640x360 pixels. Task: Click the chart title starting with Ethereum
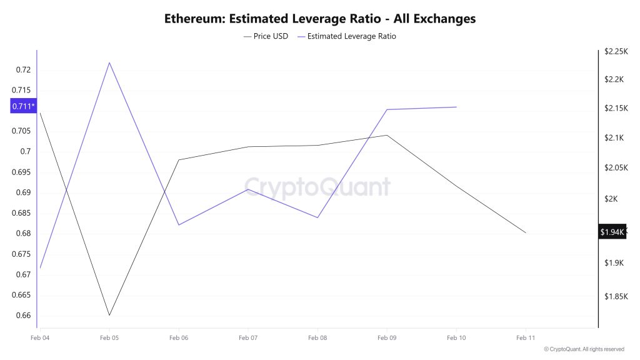pyautogui.click(x=320, y=19)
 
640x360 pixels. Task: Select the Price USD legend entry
pyautogui.click(x=266, y=36)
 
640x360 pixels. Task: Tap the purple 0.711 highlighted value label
pyautogui.click(x=24, y=106)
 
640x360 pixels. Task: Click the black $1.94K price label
pyautogui.click(x=612, y=232)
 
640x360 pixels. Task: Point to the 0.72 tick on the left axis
pyautogui.click(x=22, y=69)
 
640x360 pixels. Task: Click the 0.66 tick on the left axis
pyautogui.click(x=22, y=315)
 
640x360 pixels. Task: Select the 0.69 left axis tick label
pyautogui.click(x=22, y=192)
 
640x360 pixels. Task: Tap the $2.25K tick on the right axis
pyautogui.click(x=615, y=52)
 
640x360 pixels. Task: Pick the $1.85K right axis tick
pyautogui.click(x=615, y=296)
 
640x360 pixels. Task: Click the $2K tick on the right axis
pyautogui.click(x=611, y=199)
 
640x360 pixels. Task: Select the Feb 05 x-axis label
pyautogui.click(x=109, y=338)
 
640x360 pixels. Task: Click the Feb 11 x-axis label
pyautogui.click(x=526, y=338)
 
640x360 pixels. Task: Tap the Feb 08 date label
pyautogui.click(x=317, y=338)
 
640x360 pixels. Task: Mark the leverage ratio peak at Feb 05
pyautogui.click(x=109, y=62)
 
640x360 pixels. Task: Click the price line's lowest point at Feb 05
pyautogui.click(x=109, y=315)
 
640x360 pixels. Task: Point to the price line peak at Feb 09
pyautogui.click(x=387, y=135)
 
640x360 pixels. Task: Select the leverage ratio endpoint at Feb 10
pyautogui.click(x=456, y=107)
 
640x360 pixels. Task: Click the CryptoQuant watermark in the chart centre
pyautogui.click(x=317, y=187)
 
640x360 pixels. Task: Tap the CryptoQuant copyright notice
pyautogui.click(x=584, y=349)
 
